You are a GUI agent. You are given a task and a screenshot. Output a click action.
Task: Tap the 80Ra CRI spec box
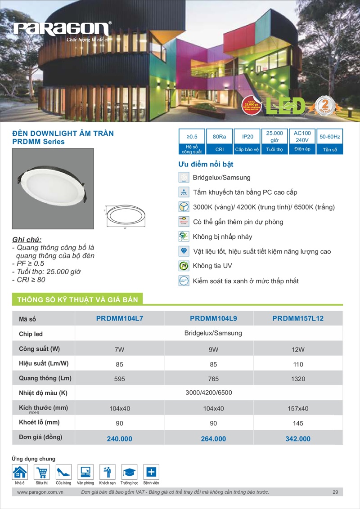click(x=219, y=141)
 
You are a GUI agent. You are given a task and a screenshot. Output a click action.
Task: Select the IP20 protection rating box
click(x=247, y=141)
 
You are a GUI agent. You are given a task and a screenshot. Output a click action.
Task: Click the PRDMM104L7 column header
click(x=119, y=318)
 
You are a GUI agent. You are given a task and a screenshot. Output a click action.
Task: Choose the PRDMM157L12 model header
click(x=298, y=318)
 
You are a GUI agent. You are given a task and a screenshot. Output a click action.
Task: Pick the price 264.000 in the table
click(x=213, y=438)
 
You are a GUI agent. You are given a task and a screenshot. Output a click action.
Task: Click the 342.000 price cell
click(x=298, y=438)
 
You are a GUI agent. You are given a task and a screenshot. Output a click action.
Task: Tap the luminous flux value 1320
click(x=298, y=379)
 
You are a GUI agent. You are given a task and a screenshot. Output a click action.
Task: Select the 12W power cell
click(x=298, y=349)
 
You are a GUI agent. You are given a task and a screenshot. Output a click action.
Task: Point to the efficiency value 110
click(x=298, y=364)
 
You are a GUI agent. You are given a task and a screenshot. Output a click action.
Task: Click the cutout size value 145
click(x=298, y=423)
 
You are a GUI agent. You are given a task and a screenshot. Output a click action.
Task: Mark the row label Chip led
click(x=31, y=334)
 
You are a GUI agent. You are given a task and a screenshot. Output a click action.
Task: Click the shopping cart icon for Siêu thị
click(x=42, y=472)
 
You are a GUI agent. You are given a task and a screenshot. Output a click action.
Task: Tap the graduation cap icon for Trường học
click(x=130, y=472)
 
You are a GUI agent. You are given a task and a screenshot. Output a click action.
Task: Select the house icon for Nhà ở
click(x=20, y=472)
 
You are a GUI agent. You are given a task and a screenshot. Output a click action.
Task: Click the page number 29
click(x=335, y=492)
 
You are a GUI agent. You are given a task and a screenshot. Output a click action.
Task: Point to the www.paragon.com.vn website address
click(x=40, y=492)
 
